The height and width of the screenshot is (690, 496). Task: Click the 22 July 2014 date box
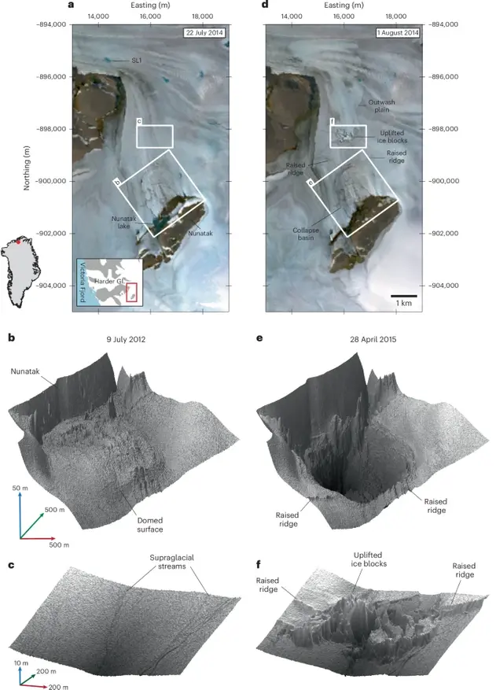point(204,32)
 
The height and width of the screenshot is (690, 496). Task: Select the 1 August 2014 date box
point(398,32)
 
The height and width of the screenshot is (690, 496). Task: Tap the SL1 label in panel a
point(137,61)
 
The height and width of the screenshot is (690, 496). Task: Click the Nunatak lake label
point(123,222)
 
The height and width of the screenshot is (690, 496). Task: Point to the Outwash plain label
point(382,105)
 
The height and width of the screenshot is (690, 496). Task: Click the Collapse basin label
point(306,234)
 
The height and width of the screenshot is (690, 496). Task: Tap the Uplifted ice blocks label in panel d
point(391,136)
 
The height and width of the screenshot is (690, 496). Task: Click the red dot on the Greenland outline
point(18,242)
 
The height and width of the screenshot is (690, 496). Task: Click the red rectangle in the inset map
point(131,293)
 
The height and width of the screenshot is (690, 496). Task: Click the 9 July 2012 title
point(126,339)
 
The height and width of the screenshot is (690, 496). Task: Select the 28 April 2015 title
point(373,339)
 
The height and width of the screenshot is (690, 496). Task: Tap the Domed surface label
point(150,525)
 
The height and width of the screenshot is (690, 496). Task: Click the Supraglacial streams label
point(172,562)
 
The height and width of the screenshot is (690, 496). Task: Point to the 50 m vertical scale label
point(20,489)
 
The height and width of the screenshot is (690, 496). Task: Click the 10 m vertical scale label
point(21,663)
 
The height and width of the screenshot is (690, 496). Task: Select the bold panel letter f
point(258,564)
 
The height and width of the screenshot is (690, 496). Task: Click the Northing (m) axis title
point(27,168)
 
